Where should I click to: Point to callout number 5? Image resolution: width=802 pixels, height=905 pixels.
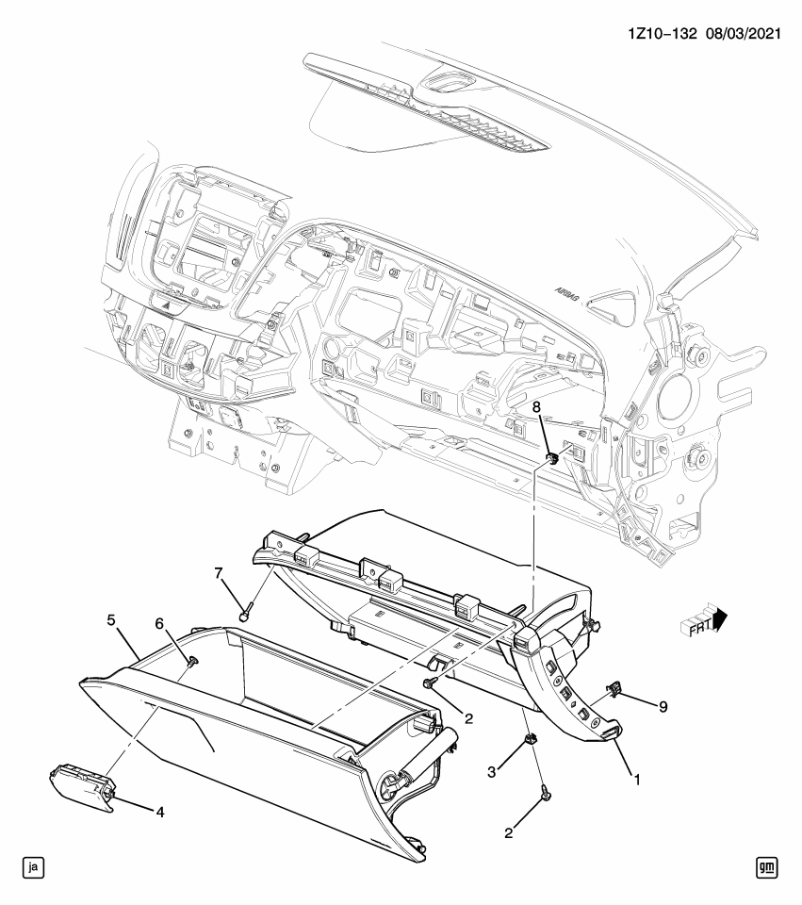111,620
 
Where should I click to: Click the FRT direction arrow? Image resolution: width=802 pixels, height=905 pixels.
702,622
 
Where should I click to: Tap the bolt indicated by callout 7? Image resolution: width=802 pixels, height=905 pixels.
246,615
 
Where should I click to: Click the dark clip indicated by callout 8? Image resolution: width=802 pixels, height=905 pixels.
553,459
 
